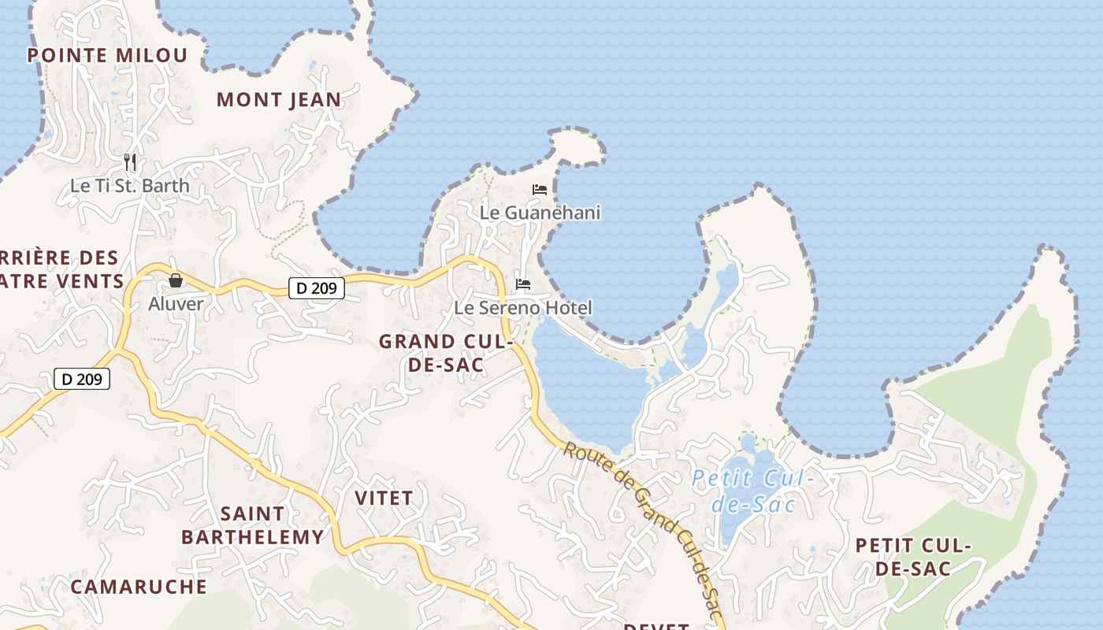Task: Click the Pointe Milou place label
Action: pos(108,55)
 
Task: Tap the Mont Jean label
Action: pos(279,100)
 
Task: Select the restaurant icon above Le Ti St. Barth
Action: pos(131,162)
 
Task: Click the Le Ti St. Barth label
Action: pos(130,186)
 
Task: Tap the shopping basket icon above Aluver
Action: pos(176,280)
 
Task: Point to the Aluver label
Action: pos(176,303)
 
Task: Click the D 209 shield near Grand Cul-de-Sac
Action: pos(317,288)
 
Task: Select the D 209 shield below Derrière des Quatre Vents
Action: pos(82,379)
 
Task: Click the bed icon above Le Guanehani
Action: pos(540,190)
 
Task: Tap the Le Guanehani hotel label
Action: pos(540,213)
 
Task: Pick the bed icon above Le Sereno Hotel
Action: pos(523,284)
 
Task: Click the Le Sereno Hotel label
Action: pos(523,307)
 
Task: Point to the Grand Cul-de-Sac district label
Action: pos(445,354)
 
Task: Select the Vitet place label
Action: pos(384,498)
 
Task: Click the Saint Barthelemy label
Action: pos(252,525)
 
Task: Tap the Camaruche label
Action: pos(139,587)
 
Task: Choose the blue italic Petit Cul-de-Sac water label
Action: pos(752,491)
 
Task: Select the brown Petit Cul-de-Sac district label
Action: pos(913,557)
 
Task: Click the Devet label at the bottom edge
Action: pos(656,626)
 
